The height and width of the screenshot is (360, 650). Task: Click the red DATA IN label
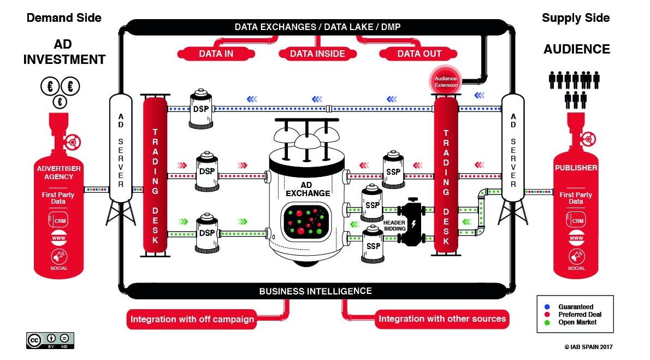(x=216, y=54)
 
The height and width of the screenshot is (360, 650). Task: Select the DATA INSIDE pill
(x=317, y=54)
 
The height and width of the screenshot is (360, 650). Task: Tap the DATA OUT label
(x=419, y=54)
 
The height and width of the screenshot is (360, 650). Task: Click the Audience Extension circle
(x=445, y=81)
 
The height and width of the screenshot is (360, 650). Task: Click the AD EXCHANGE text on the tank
(x=308, y=189)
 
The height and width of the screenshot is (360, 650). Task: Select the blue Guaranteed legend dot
(x=547, y=307)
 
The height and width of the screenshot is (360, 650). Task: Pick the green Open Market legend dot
(x=547, y=322)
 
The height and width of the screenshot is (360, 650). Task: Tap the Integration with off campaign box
(x=192, y=319)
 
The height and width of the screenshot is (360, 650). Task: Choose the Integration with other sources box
(x=442, y=318)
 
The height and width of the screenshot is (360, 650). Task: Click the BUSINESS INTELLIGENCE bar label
(x=315, y=291)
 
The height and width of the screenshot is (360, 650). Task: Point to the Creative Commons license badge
(x=50, y=340)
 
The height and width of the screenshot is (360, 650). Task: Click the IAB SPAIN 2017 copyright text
(x=589, y=346)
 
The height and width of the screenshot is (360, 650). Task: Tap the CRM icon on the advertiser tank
(x=59, y=220)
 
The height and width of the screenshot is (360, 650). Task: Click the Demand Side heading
(x=64, y=17)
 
